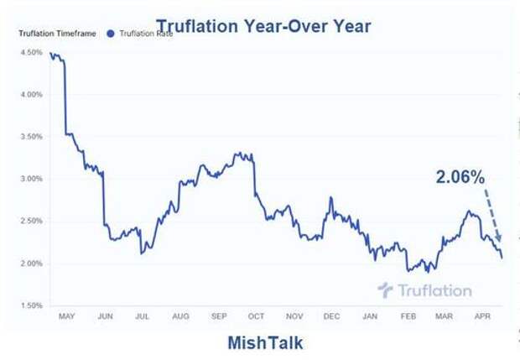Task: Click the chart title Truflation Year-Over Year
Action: [263, 26]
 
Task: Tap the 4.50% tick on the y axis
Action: [29, 52]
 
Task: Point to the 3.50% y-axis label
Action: [29, 137]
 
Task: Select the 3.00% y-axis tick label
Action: [29, 179]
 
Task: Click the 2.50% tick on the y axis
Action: [29, 221]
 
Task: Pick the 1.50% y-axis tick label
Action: [29, 305]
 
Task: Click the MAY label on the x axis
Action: [67, 317]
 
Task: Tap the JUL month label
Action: [143, 317]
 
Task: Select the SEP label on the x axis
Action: [219, 317]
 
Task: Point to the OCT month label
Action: [257, 317]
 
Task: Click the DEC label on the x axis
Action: [332, 317]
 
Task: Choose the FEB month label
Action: [408, 317]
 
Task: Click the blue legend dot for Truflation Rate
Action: [112, 34]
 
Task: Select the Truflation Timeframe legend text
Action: [55, 34]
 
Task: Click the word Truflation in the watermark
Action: [435, 290]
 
